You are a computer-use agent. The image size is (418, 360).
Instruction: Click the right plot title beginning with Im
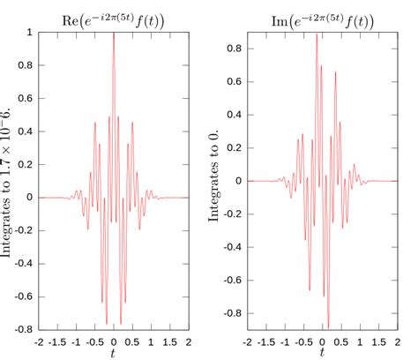(x=321, y=15)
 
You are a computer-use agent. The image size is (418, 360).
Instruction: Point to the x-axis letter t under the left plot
(x=114, y=353)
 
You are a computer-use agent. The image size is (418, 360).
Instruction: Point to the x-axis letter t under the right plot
(x=322, y=353)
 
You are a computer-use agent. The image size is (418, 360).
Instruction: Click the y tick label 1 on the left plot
(x=30, y=33)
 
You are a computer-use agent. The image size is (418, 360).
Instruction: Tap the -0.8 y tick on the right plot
(x=232, y=312)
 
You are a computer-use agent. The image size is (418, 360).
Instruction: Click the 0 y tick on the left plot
(x=30, y=198)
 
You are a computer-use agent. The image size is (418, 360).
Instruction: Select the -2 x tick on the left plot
(x=39, y=341)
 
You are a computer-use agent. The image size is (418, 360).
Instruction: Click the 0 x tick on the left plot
(x=114, y=341)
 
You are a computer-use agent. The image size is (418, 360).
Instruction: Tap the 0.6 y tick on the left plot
(x=26, y=99)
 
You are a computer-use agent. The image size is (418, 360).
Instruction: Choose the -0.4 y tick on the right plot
(x=232, y=246)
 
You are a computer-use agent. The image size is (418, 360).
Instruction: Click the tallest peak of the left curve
(x=114, y=34)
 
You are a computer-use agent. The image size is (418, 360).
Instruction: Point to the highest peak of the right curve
(x=317, y=34)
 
